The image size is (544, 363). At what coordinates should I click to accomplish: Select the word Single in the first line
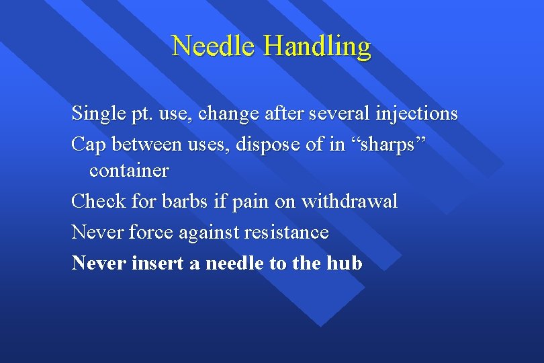(95, 114)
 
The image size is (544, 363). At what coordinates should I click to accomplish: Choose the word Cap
(88, 143)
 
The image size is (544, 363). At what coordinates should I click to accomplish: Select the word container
(129, 171)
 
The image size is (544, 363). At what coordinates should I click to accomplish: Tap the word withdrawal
(349, 200)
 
